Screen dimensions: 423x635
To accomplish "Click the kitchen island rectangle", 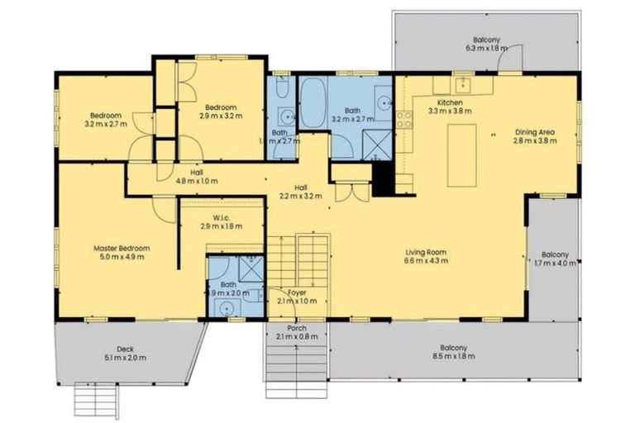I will [462, 154].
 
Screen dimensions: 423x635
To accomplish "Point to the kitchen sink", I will [464, 84].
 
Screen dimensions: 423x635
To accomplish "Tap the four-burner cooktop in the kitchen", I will [404, 119].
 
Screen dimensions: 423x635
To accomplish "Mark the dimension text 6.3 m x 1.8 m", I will [485, 49].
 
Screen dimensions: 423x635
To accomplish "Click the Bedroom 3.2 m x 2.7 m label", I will [106, 120].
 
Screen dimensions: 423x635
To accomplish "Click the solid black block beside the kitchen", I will [383, 178].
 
